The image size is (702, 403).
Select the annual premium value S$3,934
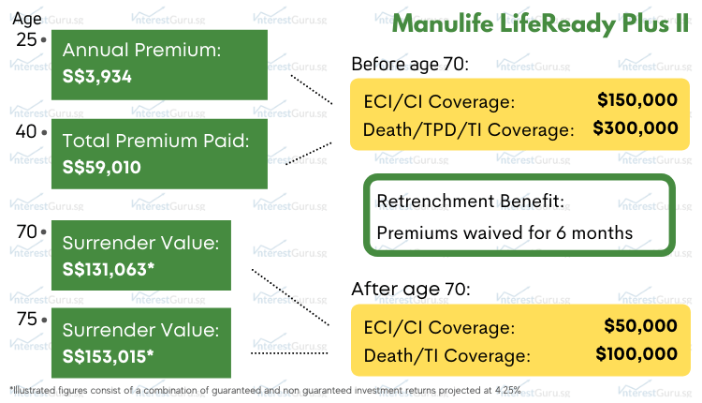coord(97,77)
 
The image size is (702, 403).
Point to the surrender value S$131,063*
coord(108,270)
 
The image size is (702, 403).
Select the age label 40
coord(26,131)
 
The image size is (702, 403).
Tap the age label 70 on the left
coord(26,231)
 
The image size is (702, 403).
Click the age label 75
coord(26,319)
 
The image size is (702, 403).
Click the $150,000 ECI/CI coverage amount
coord(637,100)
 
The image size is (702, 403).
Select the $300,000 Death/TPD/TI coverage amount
coord(636,128)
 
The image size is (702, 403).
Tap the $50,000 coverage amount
coord(642,326)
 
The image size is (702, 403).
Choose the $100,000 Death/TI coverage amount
coord(636,354)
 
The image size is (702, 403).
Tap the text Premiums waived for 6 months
coord(505,232)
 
